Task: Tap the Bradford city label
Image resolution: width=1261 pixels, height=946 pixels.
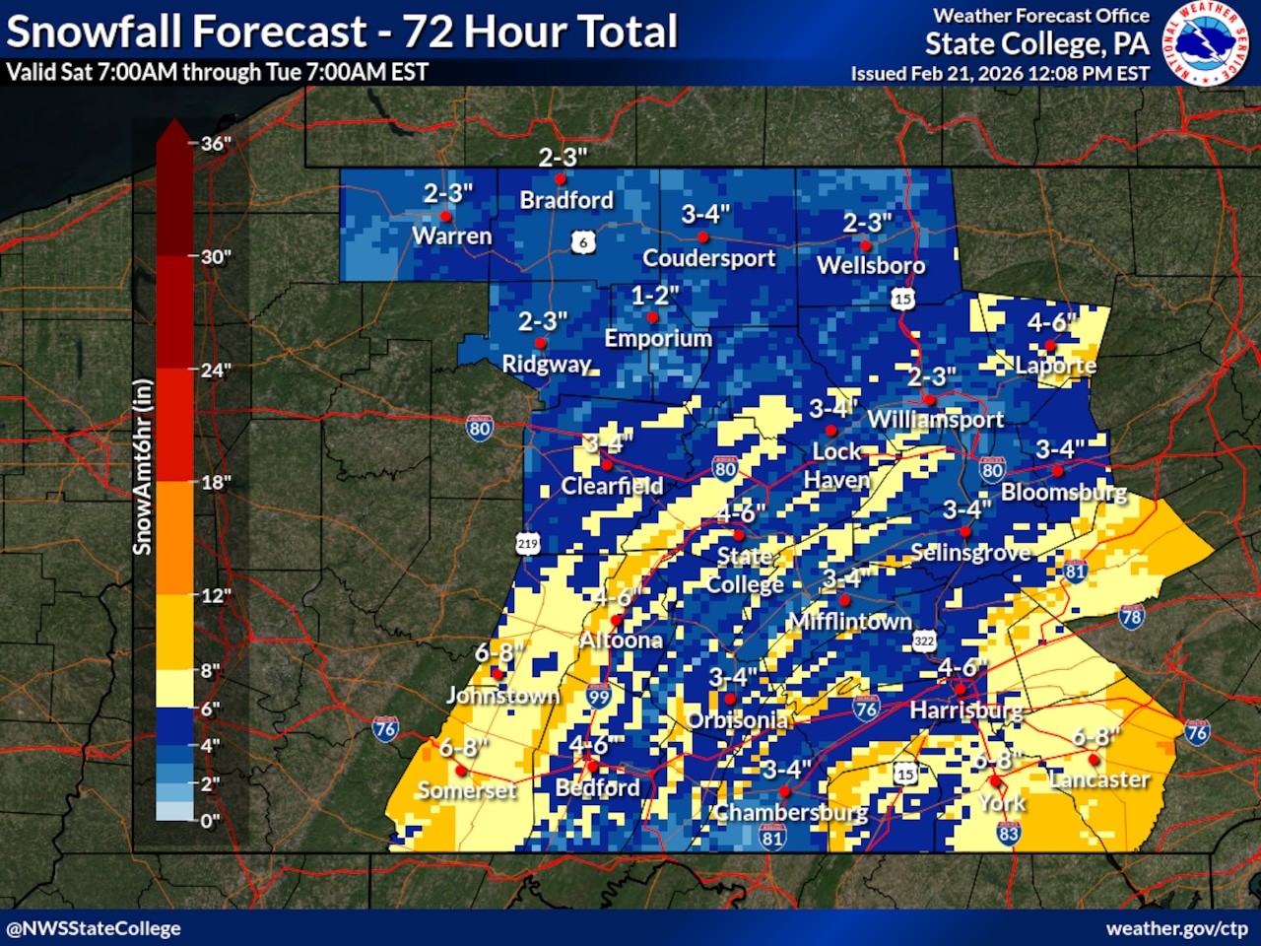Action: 566,200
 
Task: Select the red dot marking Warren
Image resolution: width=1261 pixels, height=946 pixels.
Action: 445,217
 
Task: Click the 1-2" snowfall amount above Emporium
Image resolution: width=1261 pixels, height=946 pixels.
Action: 655,295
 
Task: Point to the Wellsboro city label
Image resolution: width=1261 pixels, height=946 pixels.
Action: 871,265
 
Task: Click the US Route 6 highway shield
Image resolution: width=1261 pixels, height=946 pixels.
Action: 583,242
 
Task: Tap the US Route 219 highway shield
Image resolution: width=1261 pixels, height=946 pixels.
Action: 527,543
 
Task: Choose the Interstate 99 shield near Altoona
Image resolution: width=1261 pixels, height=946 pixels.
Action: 598,696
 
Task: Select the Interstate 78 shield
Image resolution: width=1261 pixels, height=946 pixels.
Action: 1131,617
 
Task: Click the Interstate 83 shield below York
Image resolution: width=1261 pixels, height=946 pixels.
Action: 1008,834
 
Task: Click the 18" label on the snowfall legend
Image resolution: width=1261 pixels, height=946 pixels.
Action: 215,483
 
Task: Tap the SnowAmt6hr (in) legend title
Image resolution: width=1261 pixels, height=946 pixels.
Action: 143,466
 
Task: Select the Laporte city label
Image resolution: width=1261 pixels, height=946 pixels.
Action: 1055,366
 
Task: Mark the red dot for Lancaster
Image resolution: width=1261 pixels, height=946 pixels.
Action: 1094,760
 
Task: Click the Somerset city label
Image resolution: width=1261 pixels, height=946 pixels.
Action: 466,790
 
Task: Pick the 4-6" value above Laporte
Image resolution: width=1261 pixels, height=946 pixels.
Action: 1051,322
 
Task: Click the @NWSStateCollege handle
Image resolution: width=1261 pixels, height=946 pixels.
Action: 94,928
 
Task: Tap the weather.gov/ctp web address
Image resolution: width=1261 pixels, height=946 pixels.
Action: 1176,928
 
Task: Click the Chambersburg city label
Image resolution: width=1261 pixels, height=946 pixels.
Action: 791,813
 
